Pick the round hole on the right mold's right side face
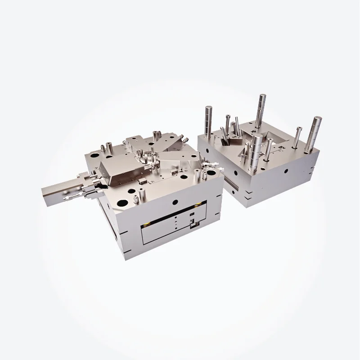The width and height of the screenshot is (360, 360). point(285,171)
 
